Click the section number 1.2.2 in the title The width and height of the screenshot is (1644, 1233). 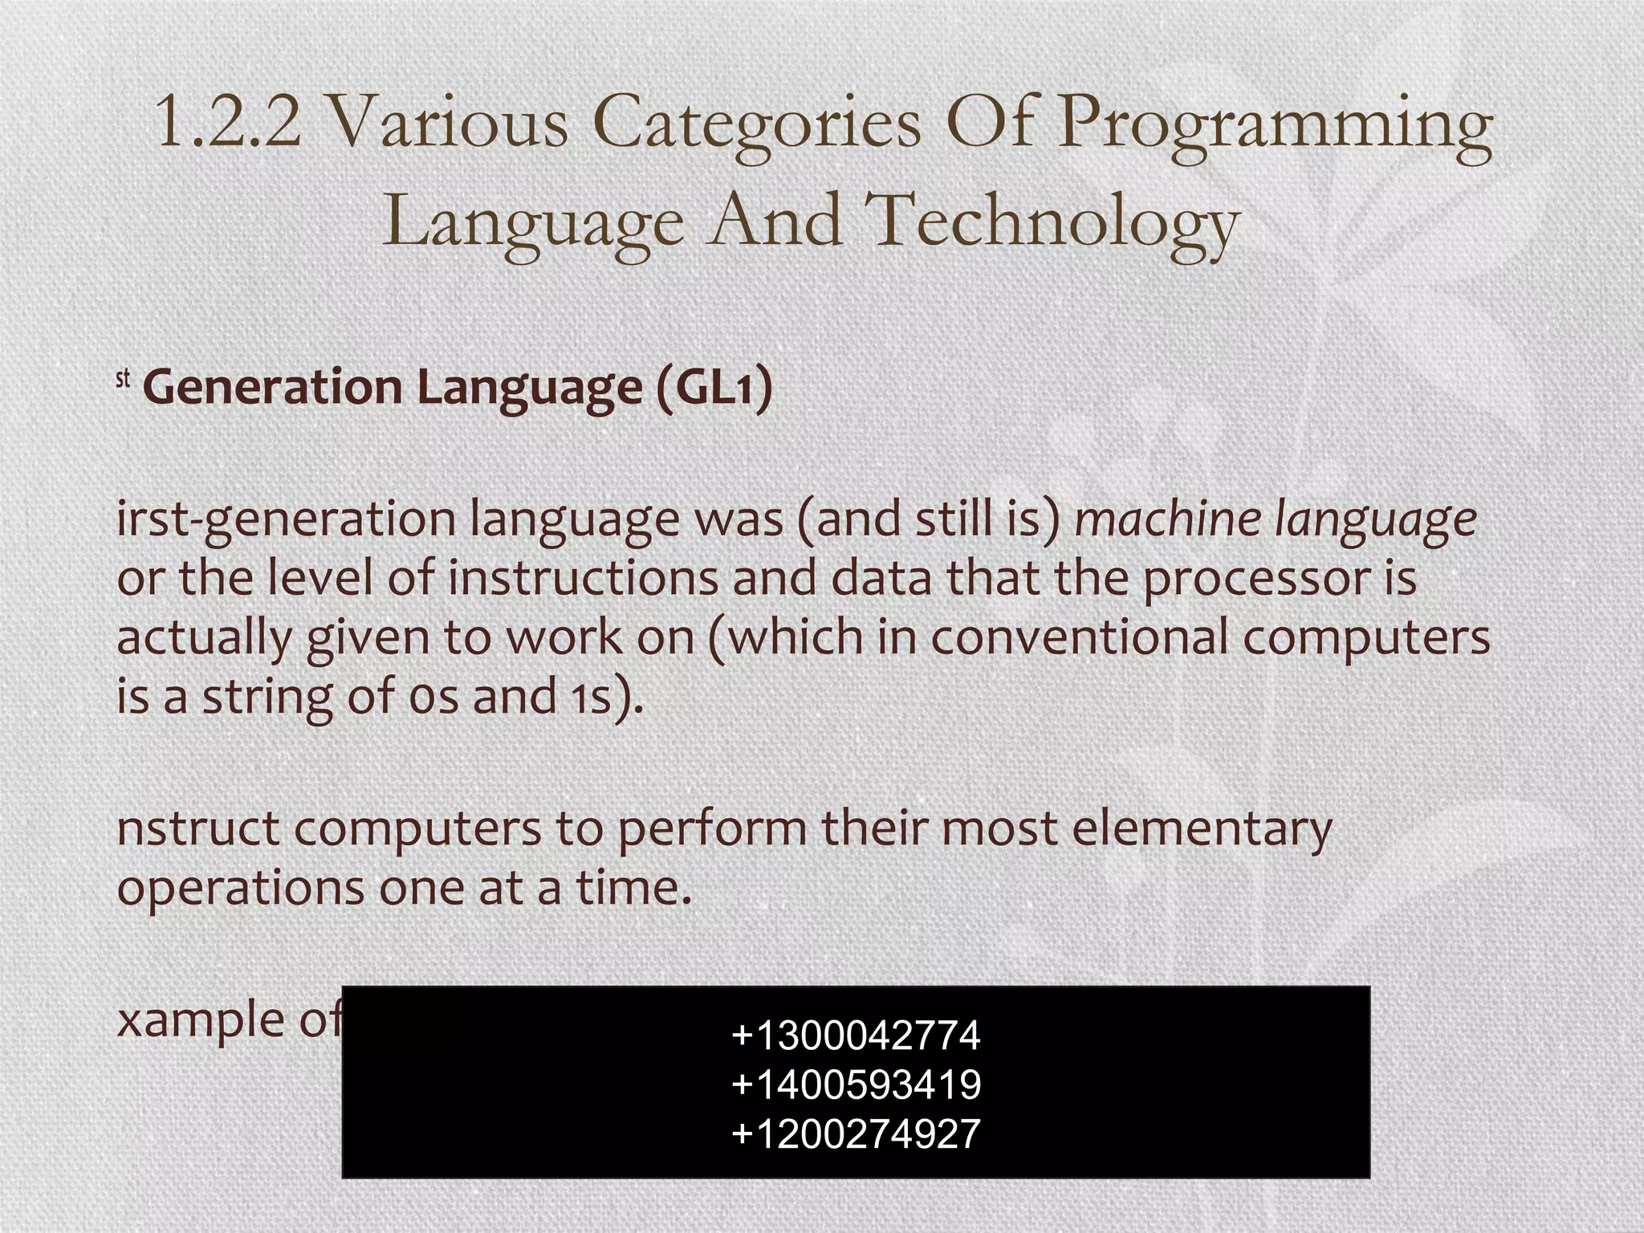[x=228, y=122]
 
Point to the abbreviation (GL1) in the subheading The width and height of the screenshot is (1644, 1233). [x=714, y=388]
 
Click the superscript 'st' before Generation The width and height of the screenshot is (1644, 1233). [x=123, y=379]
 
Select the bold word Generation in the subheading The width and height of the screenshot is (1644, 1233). [x=271, y=388]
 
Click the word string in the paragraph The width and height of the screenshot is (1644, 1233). [x=267, y=696]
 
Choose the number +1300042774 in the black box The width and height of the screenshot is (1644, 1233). [x=856, y=1036]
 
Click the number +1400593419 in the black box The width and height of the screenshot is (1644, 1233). [x=856, y=1084]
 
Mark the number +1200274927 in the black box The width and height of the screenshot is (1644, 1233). [x=856, y=1133]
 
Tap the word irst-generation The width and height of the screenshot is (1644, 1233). [x=286, y=520]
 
